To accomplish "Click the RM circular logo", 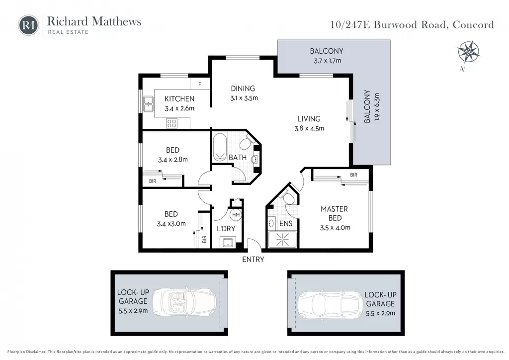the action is (x=28, y=25).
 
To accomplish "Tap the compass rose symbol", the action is (x=468, y=52).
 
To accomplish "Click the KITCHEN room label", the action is (x=179, y=99).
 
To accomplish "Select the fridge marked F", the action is (x=200, y=84).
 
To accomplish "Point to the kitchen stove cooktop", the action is (x=171, y=123).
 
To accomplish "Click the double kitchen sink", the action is (x=148, y=104).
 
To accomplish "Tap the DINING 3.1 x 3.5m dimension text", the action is (x=244, y=98).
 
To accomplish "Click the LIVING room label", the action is (x=309, y=119).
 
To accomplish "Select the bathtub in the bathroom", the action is (x=220, y=147).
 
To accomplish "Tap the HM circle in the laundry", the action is (x=236, y=215).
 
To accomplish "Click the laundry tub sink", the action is (x=228, y=242).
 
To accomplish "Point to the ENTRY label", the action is (x=253, y=260).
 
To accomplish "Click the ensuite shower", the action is (x=282, y=240).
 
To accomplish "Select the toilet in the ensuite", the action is (x=287, y=197).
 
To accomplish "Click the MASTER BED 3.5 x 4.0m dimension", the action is (x=336, y=228).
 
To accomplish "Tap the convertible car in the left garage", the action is (x=184, y=303).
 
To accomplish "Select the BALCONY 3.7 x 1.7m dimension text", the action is (x=328, y=61).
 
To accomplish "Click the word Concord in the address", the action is (x=473, y=25).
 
